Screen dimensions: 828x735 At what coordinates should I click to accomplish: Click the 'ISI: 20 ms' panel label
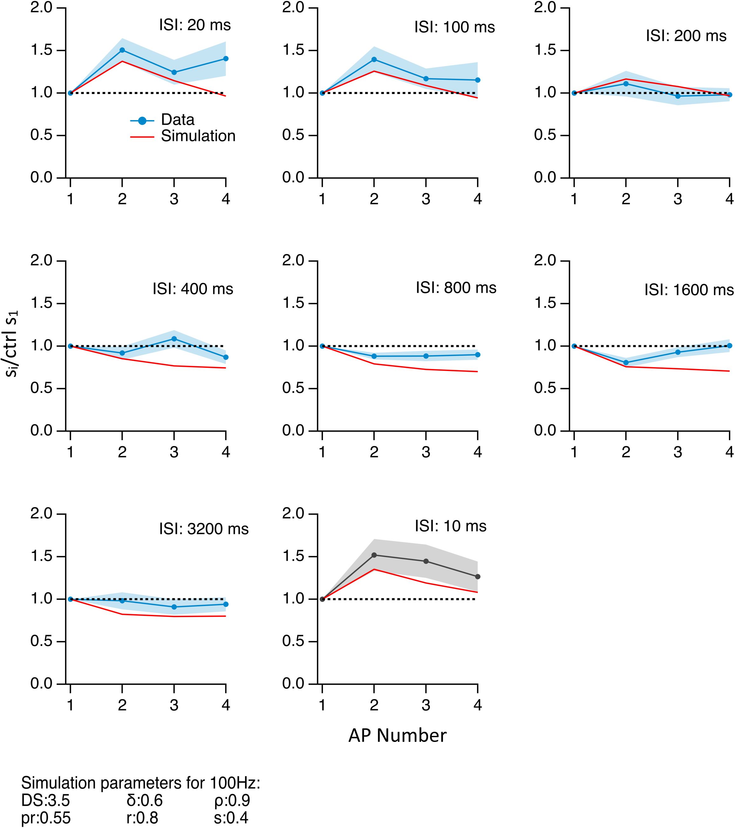pyautogui.click(x=194, y=25)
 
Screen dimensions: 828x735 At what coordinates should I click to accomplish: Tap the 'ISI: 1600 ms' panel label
pyautogui.click(x=689, y=290)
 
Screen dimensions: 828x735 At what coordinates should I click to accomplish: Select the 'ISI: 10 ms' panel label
pyautogui.click(x=450, y=526)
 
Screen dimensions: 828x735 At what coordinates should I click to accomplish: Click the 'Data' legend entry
pyautogui.click(x=177, y=120)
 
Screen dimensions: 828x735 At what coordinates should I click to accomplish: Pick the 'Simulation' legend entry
pyautogui.click(x=198, y=136)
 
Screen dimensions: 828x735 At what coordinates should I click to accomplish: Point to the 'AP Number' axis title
pyautogui.click(x=397, y=735)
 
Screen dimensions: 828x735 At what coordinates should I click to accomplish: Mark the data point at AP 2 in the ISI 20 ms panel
pyautogui.click(x=122, y=50)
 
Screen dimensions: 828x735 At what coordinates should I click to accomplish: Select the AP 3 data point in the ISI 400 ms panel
pyautogui.click(x=174, y=339)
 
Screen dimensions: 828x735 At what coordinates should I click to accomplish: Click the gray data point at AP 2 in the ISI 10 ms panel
pyautogui.click(x=374, y=555)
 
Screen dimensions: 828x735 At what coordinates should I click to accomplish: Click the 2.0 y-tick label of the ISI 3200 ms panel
pyautogui.click(x=42, y=514)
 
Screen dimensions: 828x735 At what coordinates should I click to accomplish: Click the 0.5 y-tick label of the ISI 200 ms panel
pyautogui.click(x=545, y=136)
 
